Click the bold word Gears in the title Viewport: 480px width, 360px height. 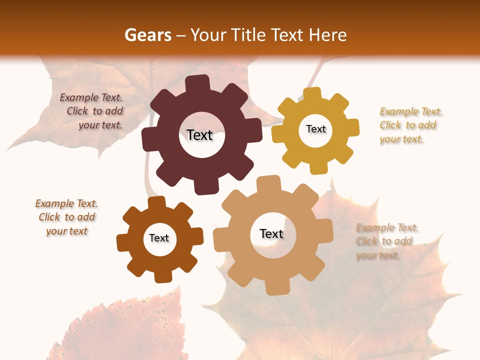pyautogui.click(x=147, y=35)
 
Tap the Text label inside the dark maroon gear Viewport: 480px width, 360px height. pyautogui.click(x=199, y=135)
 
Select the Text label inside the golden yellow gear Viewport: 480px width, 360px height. pyautogui.click(x=315, y=129)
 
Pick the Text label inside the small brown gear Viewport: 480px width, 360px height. pyautogui.click(x=159, y=238)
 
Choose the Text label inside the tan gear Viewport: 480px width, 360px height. pyautogui.click(x=271, y=233)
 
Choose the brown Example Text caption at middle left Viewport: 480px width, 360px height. pyautogui.click(x=67, y=217)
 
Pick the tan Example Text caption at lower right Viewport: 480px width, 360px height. pyautogui.click(x=387, y=241)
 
